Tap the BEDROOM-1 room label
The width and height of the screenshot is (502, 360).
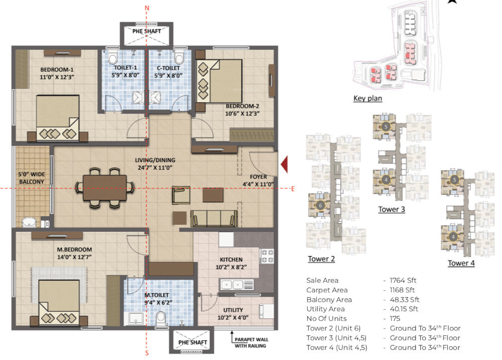[58, 70]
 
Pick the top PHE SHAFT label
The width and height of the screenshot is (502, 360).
[147, 31]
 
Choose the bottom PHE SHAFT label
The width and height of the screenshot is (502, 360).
[193, 342]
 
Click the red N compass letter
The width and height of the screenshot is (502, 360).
[147, 8]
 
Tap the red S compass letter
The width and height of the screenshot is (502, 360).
[147, 353]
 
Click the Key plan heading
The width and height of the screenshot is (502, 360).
[367, 98]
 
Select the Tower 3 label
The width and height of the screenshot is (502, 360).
[392, 209]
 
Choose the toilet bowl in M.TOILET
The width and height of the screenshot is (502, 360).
[161, 317]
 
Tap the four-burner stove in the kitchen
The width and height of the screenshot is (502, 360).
[266, 257]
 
